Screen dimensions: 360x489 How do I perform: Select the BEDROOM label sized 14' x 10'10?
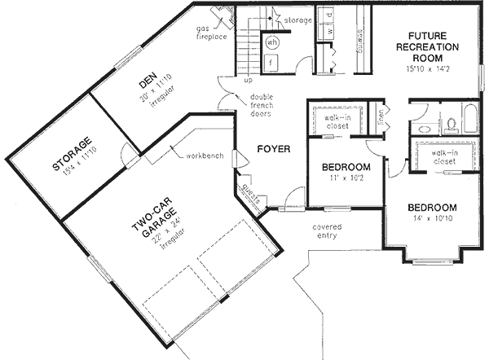pos(431,207)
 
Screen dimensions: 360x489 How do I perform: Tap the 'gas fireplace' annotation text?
pos(210,33)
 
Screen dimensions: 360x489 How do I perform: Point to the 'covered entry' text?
pos(326,232)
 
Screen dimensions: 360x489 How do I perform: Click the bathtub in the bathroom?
pos(473,118)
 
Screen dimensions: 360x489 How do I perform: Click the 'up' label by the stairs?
pos(246,81)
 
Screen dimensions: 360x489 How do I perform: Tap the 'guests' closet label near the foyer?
pos(249,193)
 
